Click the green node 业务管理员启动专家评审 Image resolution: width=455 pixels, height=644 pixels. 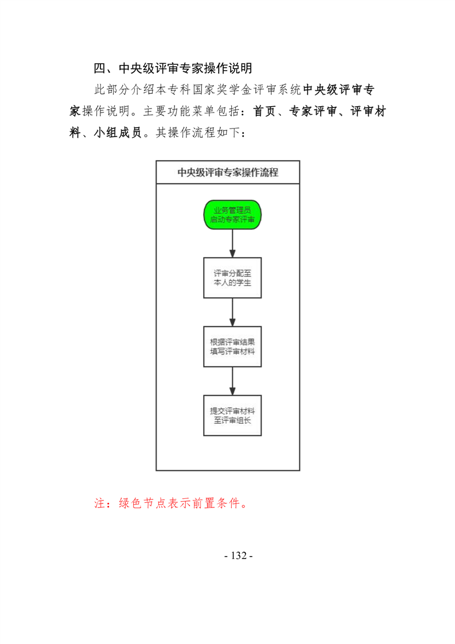(232, 215)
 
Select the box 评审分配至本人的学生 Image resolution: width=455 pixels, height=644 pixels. (232, 278)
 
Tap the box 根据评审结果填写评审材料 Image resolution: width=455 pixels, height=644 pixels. (232, 347)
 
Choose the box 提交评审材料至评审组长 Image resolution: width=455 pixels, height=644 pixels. (232, 416)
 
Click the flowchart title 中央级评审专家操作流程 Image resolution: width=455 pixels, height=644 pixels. (228, 173)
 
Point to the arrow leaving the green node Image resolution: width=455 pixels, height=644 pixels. (232, 243)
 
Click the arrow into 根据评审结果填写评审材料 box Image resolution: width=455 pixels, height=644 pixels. (232, 313)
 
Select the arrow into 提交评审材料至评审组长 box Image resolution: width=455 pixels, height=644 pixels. (232, 381)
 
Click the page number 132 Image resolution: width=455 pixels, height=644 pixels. (239, 556)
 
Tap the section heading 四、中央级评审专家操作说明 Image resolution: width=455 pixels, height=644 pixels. (173, 68)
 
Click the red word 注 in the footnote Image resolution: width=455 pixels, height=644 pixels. (100, 503)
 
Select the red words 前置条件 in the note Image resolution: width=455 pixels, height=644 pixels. (216, 503)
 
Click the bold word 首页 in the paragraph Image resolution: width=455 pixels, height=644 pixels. (265, 111)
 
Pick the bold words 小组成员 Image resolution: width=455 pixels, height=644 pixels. (118, 132)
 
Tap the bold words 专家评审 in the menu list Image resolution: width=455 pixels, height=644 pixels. (313, 111)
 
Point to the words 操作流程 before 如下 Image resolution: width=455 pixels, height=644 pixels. (192, 132)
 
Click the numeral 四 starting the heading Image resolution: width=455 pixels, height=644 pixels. (100, 68)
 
